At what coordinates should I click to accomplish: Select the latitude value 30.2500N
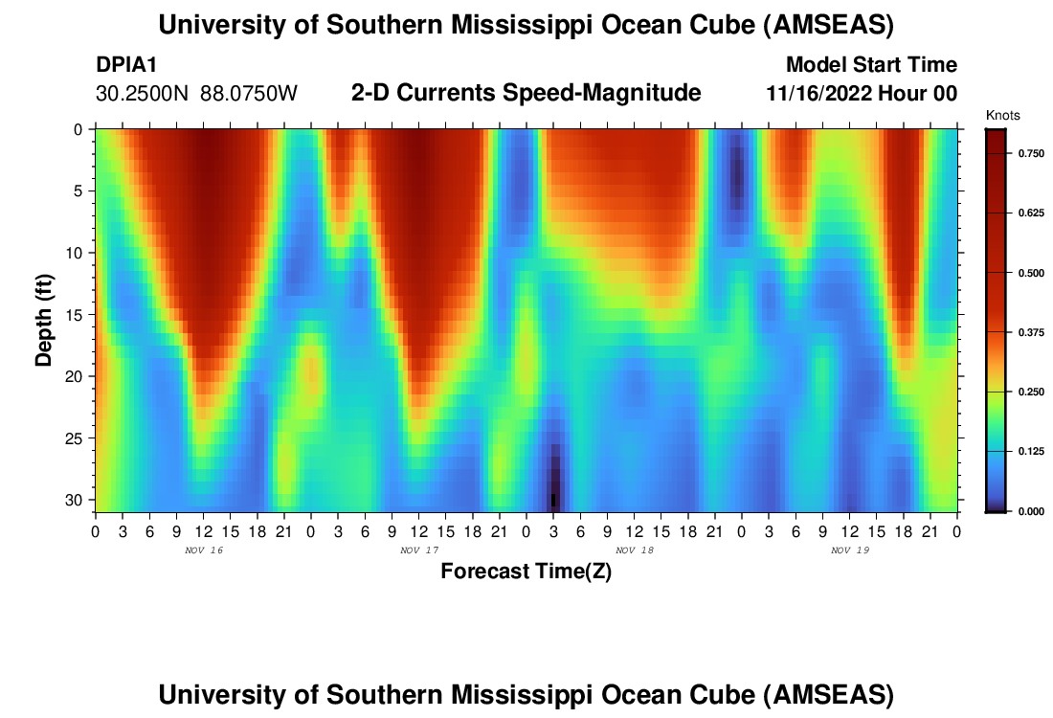(143, 94)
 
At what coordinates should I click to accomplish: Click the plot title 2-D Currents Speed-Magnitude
(526, 93)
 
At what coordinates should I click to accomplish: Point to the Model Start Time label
(870, 65)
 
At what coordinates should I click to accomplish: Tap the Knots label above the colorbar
(1002, 116)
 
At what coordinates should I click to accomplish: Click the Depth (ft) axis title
(44, 320)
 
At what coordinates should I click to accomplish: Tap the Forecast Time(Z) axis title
(526, 572)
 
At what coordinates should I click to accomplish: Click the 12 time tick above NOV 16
(203, 530)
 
